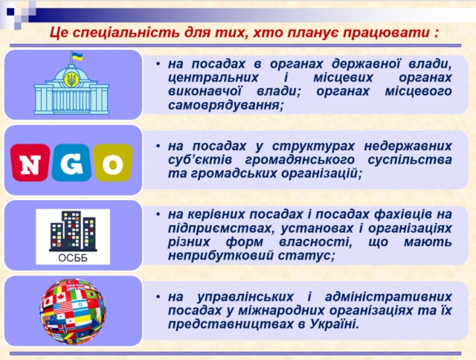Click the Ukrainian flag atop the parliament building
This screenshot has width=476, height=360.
coord(77,57)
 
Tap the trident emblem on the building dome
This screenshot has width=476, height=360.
coord(72,80)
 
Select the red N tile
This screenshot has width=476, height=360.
coord(30,163)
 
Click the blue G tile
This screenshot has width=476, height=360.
coord(71,163)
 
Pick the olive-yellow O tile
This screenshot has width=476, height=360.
coord(113,163)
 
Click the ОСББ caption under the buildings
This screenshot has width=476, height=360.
coord(73,258)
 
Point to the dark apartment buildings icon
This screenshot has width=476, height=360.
coord(73,231)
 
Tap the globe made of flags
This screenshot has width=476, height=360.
coord(73,312)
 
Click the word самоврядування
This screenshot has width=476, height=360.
coord(225,106)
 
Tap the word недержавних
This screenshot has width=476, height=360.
coord(408,146)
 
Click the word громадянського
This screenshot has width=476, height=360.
coord(300,160)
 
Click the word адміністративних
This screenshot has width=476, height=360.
coord(388,297)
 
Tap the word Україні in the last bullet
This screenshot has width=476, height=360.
coord(334,324)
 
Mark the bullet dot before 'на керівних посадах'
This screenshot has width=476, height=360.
coord(158,214)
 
